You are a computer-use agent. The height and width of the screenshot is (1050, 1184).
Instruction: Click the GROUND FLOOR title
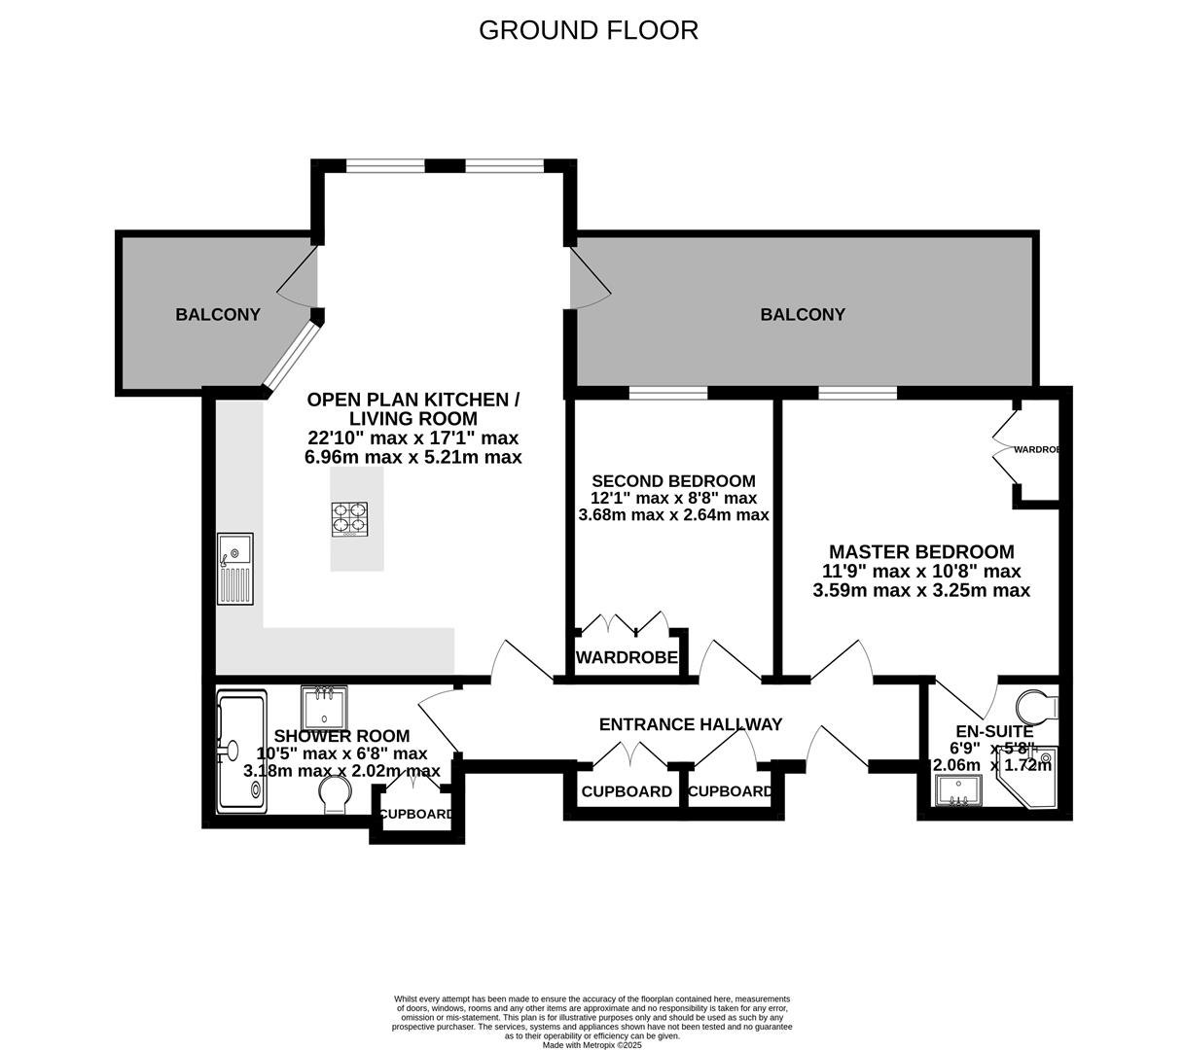pyautogui.click(x=588, y=30)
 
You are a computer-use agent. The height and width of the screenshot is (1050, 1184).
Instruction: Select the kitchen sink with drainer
pyautogui.click(x=235, y=569)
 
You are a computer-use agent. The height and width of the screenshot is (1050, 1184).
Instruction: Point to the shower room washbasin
pyautogui.click(x=325, y=708)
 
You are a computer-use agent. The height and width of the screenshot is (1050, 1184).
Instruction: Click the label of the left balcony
pyautogui.click(x=218, y=314)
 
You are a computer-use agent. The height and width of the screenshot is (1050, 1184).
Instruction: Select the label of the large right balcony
pyautogui.click(x=803, y=314)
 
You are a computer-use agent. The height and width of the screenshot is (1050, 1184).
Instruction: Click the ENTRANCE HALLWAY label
pyautogui.click(x=690, y=724)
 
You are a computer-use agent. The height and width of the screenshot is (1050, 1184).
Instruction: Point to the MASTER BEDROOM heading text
pyautogui.click(x=920, y=551)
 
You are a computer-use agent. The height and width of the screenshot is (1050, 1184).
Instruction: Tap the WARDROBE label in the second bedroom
pyautogui.click(x=627, y=658)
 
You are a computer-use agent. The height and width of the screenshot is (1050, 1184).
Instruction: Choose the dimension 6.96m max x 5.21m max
pyautogui.click(x=413, y=457)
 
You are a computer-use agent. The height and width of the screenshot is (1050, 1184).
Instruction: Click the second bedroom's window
pyautogui.click(x=667, y=393)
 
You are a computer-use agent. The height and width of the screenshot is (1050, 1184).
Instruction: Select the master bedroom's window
pyautogui.click(x=857, y=393)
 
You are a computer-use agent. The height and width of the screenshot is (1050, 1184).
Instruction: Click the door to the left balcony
pyautogui.click(x=301, y=279)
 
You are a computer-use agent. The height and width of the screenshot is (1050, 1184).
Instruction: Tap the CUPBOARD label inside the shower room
pyautogui.click(x=415, y=814)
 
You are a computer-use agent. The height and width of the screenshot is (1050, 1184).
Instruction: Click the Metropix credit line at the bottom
pyautogui.click(x=592, y=1045)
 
